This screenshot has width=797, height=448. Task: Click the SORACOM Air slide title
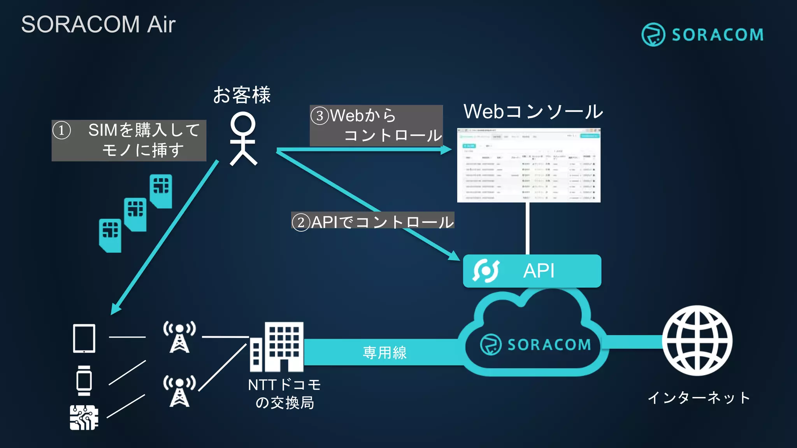click(x=98, y=24)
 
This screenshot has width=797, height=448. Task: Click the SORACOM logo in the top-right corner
click(x=702, y=35)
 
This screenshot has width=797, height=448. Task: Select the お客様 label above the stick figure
click(x=242, y=95)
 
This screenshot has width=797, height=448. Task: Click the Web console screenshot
click(x=528, y=165)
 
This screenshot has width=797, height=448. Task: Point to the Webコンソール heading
click(x=533, y=112)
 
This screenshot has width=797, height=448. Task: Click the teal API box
click(x=532, y=271)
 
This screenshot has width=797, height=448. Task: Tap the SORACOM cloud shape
click(x=533, y=338)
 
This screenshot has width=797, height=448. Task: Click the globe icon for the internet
click(x=697, y=340)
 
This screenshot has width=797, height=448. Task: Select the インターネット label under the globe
click(x=699, y=397)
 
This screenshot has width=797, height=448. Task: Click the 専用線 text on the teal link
click(x=384, y=352)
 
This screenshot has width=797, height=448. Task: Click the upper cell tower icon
click(x=179, y=337)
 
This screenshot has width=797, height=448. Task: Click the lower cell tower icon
click(x=179, y=391)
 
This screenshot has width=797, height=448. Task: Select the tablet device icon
click(x=84, y=338)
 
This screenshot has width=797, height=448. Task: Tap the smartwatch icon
click(x=84, y=380)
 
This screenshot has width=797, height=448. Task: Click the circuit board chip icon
click(x=84, y=417)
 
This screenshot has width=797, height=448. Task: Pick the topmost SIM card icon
click(x=161, y=191)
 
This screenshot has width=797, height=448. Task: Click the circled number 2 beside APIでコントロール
click(x=301, y=222)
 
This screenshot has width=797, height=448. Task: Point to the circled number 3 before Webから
click(x=320, y=115)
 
